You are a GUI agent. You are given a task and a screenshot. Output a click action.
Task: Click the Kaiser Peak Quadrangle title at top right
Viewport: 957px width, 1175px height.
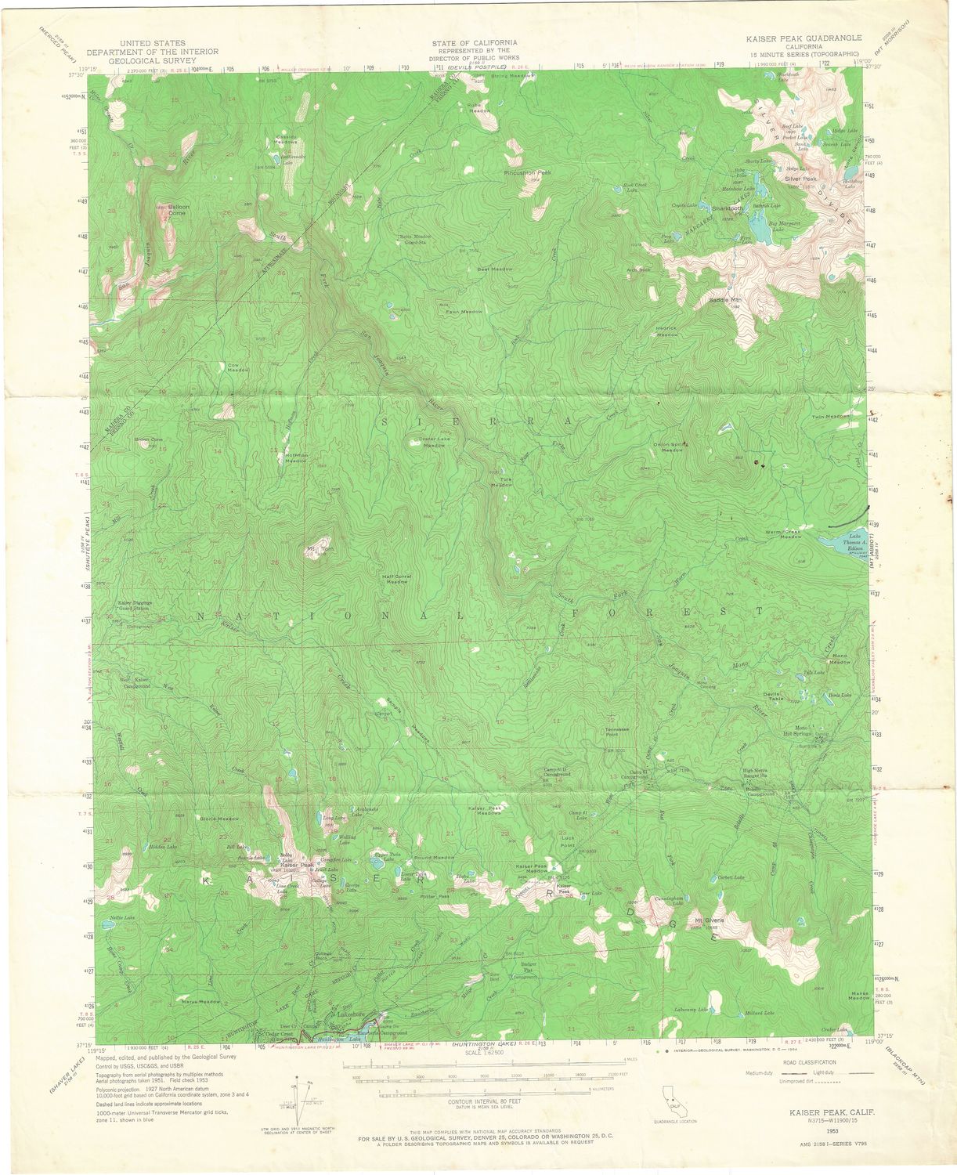click(804, 38)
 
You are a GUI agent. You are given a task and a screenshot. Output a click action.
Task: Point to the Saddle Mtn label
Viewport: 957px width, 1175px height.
click(724, 299)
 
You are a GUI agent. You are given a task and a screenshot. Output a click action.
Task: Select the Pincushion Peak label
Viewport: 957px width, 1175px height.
click(528, 172)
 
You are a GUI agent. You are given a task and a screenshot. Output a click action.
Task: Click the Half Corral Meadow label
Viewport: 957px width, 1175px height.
click(396, 580)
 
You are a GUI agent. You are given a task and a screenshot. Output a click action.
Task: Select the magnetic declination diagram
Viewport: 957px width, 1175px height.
click(303, 1097)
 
